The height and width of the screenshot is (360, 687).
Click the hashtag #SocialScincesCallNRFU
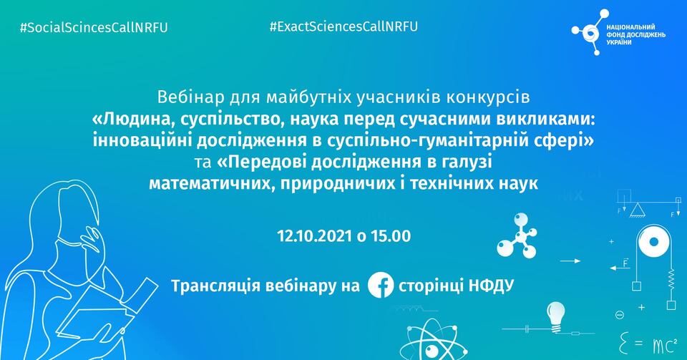coord(94,28)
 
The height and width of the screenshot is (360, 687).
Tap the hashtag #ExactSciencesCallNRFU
coord(344,26)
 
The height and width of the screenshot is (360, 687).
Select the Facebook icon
coord(380,285)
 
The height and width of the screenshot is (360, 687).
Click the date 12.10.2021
coord(315,236)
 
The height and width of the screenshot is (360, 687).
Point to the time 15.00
coord(391,236)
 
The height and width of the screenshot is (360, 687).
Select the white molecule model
coord(517,235)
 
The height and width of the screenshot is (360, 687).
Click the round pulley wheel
coord(653,242)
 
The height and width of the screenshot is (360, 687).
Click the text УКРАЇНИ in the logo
coord(619,42)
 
